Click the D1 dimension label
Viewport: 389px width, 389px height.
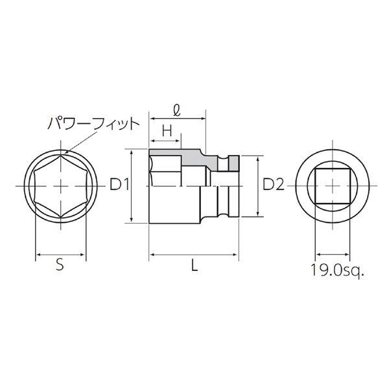pos(120,185)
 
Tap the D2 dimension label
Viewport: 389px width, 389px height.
pos(274,185)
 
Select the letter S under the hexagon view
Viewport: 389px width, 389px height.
pos(60,265)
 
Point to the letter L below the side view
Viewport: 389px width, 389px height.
pos(194,265)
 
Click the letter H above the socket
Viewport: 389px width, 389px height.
pos(167,131)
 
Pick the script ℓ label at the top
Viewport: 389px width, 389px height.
pos(176,110)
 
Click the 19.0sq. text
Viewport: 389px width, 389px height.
pos(337,270)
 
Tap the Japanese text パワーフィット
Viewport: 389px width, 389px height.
pos(93,124)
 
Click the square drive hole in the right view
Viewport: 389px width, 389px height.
pos(333,186)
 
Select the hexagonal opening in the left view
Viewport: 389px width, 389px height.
pos(60,186)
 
